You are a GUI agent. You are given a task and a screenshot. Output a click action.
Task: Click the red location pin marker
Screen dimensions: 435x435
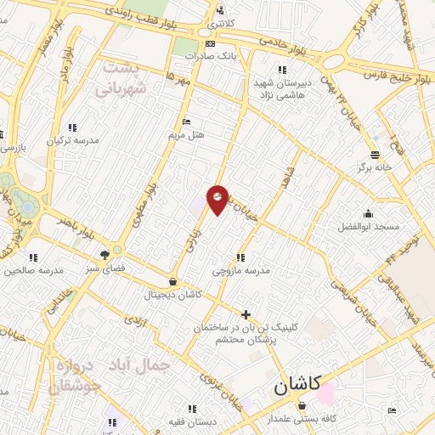click(x=218, y=199)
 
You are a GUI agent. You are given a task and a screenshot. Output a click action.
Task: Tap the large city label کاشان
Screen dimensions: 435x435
click(x=297, y=385)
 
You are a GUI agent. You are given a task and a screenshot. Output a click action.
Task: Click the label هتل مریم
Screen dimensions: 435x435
click(x=187, y=135)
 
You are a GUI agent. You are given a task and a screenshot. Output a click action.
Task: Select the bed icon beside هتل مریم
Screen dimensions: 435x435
click(x=187, y=121)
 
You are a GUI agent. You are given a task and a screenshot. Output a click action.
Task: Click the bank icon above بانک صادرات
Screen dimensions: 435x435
click(x=209, y=43)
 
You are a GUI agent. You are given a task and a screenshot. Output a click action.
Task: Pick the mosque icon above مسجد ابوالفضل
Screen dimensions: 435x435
click(x=368, y=213)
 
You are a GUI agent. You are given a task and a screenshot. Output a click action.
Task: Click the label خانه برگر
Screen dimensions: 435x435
click(x=374, y=167)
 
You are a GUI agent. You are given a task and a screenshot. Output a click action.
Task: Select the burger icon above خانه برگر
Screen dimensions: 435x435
click(x=374, y=154)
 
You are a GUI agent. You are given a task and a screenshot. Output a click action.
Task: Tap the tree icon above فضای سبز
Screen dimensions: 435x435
click(x=105, y=254)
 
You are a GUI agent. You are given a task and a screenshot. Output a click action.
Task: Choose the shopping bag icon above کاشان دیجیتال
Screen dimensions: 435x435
click(x=173, y=281)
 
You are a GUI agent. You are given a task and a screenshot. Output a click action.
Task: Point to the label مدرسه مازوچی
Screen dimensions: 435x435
click(x=241, y=271)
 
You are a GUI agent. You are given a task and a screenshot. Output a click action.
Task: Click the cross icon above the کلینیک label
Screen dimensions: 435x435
click(x=246, y=314)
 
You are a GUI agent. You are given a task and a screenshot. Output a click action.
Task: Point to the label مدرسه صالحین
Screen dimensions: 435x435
click(x=33, y=271)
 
